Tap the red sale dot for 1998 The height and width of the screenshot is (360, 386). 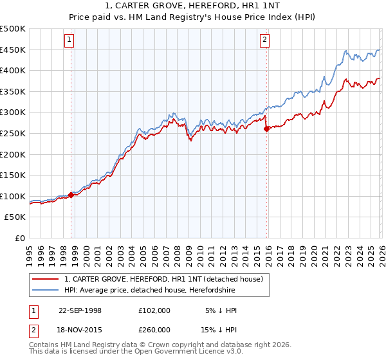click(x=71, y=195)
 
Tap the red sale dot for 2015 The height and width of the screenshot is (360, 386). click(x=266, y=129)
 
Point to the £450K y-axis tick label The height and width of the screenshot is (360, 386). click(x=13, y=50)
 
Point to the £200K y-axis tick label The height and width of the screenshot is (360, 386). click(x=13, y=154)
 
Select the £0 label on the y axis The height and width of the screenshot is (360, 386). click(x=19, y=238)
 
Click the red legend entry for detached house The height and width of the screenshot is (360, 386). click(x=163, y=280)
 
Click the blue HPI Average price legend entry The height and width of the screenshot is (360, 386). click(x=149, y=291)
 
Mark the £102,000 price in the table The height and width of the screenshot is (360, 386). click(x=154, y=310)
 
